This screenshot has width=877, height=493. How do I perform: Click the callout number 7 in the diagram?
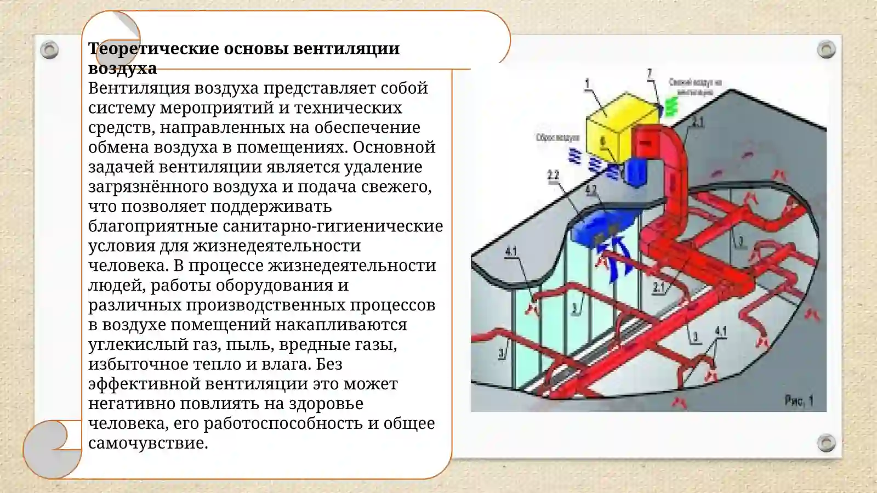(650, 73)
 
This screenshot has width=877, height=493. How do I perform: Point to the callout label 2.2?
(553, 175)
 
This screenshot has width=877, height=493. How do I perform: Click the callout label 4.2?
(591, 190)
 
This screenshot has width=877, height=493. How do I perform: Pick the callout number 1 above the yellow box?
(587, 83)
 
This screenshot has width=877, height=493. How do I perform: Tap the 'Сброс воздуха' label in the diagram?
(557, 137)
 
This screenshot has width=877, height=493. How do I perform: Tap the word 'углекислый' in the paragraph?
(138, 344)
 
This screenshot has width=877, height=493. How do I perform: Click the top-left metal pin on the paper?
(49, 50)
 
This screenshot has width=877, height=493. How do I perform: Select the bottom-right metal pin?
(826, 442)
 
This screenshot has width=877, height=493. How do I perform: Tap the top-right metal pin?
(826, 49)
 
